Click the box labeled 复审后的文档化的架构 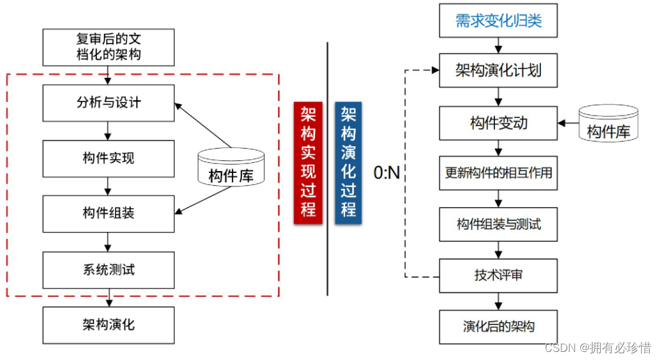pyautogui.click(x=108, y=47)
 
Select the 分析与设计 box pyautogui.click(x=108, y=103)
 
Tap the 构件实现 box pyautogui.click(x=108, y=159)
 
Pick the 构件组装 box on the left pyautogui.click(x=108, y=213)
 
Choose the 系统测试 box pyautogui.click(x=108, y=269)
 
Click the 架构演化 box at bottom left pyautogui.click(x=108, y=324)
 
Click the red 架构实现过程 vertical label pyautogui.click(x=308, y=161)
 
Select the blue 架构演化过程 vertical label pyautogui.click(x=348, y=161)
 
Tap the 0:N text pyautogui.click(x=386, y=173)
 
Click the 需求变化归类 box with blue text pyautogui.click(x=498, y=21)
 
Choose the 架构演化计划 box pyautogui.click(x=498, y=70)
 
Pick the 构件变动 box pyautogui.click(x=498, y=123)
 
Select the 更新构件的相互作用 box pyautogui.click(x=498, y=172)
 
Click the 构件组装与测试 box pyautogui.click(x=498, y=224)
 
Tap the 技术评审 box pyautogui.click(x=498, y=274)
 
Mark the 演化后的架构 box pyautogui.click(x=498, y=326)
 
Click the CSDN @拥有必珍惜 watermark pyautogui.click(x=598, y=347)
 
